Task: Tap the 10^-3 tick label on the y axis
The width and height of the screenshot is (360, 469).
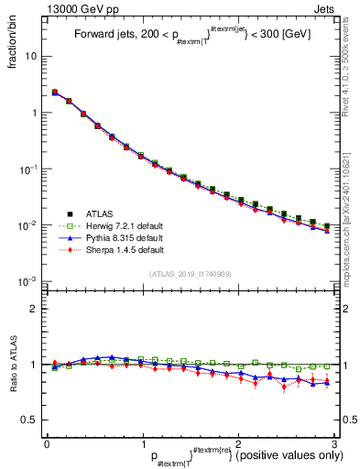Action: point(29,282)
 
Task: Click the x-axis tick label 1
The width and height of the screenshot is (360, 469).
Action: point(142,444)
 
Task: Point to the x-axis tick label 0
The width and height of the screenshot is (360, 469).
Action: point(47,444)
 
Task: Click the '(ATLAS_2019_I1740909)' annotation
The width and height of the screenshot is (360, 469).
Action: point(190,274)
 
